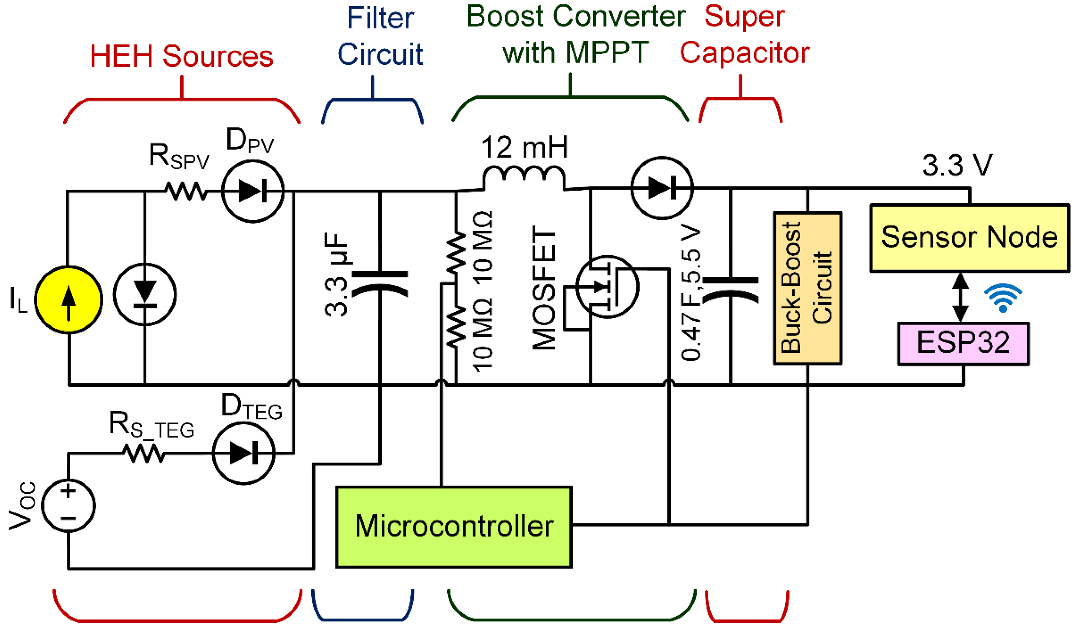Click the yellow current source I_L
click(68, 299)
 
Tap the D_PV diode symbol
click(253, 191)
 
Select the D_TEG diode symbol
click(243, 453)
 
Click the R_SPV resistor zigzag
click(186, 191)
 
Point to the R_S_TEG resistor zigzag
click(144, 453)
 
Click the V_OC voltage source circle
click(68, 505)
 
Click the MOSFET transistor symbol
click(607, 287)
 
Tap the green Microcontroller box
click(454, 527)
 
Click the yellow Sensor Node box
click(969, 238)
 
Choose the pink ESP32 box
click(963, 343)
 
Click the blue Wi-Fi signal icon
click(1003, 298)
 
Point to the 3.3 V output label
click(957, 165)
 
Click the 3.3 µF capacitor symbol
click(380, 283)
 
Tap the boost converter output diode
click(662, 188)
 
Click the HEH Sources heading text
click(182, 56)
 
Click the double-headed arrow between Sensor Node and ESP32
click(960, 297)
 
